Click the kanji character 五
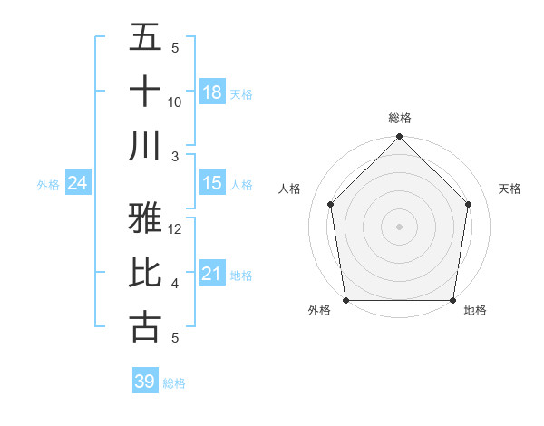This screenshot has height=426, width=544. click(146, 37)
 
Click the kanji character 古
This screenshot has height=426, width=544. click(146, 327)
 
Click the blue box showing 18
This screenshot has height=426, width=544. click(212, 92)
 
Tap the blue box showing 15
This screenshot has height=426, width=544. click(212, 183)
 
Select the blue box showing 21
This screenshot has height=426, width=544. click(212, 274)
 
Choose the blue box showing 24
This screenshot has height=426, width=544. click(77, 183)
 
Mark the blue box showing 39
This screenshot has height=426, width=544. click(144, 382)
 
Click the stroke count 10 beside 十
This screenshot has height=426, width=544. click(175, 102)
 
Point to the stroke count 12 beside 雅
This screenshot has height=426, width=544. click(175, 229)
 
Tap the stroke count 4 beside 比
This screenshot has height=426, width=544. click(175, 284)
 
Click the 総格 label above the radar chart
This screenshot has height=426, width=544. click(399, 118)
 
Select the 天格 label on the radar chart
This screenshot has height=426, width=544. click(510, 189)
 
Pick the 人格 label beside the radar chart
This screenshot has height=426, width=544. click(290, 189)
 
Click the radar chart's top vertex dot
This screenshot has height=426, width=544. click(399, 138)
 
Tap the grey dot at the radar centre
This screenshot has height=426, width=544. click(399, 226)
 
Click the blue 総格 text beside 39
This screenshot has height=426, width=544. click(174, 383)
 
